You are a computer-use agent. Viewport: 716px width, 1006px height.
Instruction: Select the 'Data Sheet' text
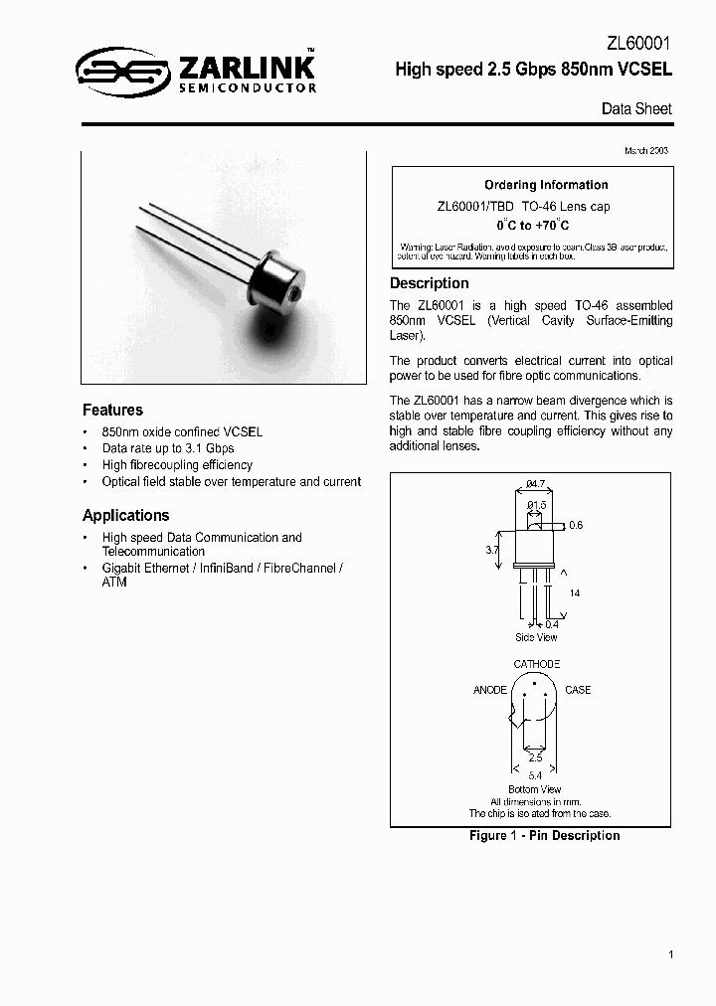[636, 108]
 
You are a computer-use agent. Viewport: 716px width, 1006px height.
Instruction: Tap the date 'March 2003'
[645, 150]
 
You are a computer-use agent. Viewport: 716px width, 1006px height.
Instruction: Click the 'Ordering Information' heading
[546, 185]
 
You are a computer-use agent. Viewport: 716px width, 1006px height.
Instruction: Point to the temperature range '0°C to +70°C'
[533, 226]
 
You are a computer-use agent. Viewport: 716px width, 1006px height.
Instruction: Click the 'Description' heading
[429, 283]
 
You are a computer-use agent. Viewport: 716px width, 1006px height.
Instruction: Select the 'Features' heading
[112, 410]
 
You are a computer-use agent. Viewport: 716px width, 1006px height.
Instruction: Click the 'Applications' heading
[125, 515]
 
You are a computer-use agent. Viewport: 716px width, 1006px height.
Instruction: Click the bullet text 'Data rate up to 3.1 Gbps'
[168, 448]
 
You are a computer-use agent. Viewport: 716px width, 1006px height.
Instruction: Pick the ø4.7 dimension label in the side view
[535, 484]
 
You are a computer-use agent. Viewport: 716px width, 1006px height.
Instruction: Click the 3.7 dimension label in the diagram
[491, 548]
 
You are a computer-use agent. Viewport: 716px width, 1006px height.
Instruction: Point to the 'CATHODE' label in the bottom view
[536, 664]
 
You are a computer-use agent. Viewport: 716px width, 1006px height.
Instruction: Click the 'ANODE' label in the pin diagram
[489, 690]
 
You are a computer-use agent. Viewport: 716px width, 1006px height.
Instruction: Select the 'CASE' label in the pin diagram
[578, 690]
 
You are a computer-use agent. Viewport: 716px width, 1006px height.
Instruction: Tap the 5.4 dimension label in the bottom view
[535, 774]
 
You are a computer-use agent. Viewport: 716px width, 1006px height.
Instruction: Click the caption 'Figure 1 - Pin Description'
[544, 836]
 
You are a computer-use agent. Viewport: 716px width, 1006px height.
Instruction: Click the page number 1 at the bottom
[671, 954]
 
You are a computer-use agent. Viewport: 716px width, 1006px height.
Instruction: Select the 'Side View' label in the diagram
[536, 637]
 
